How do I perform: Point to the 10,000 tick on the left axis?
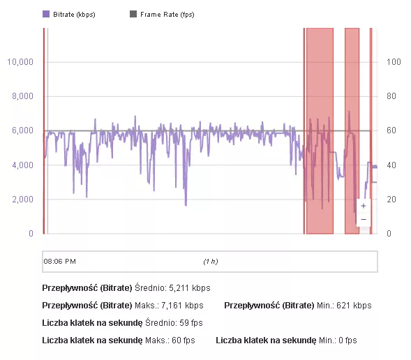point(20,62)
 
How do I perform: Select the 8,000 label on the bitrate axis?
point(22,96)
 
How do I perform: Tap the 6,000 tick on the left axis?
point(22,130)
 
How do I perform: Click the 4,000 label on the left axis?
point(22,165)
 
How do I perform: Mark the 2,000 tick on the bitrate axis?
point(22,200)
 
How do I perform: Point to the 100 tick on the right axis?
point(394,62)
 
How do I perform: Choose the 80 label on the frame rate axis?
point(392,96)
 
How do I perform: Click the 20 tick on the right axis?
point(392,200)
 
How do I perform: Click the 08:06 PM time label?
point(60,262)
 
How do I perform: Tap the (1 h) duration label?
point(210,262)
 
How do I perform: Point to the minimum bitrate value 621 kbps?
point(352,306)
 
